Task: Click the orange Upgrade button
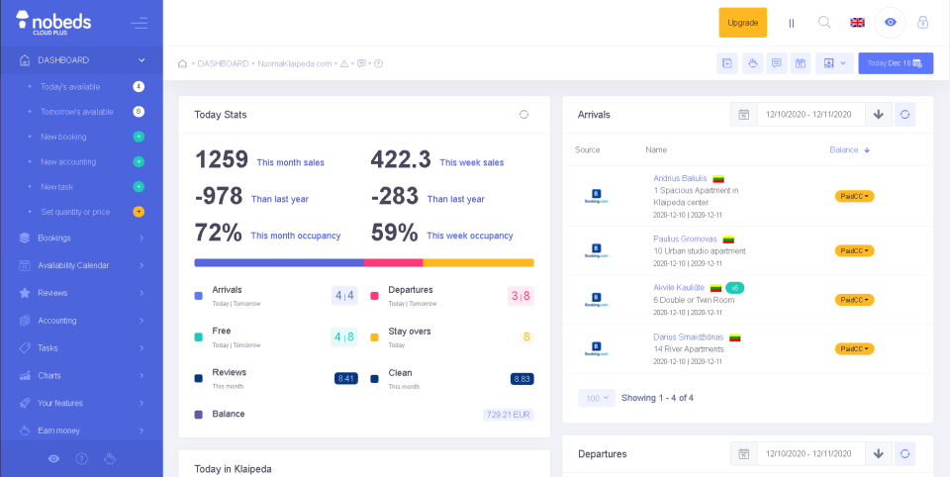point(742,23)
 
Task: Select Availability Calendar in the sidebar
point(73,265)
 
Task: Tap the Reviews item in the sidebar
point(52,293)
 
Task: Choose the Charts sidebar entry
point(49,375)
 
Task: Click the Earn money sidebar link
point(58,430)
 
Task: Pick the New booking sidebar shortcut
point(63,137)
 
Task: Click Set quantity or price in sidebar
point(75,212)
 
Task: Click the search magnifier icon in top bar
point(824,23)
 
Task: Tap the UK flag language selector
point(857,23)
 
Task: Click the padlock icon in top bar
point(923,23)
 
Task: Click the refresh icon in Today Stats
point(523,115)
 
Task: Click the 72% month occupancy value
point(219,234)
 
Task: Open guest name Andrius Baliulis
point(680,178)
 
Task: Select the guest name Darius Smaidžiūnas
point(689,337)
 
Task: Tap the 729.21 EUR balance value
point(508,415)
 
